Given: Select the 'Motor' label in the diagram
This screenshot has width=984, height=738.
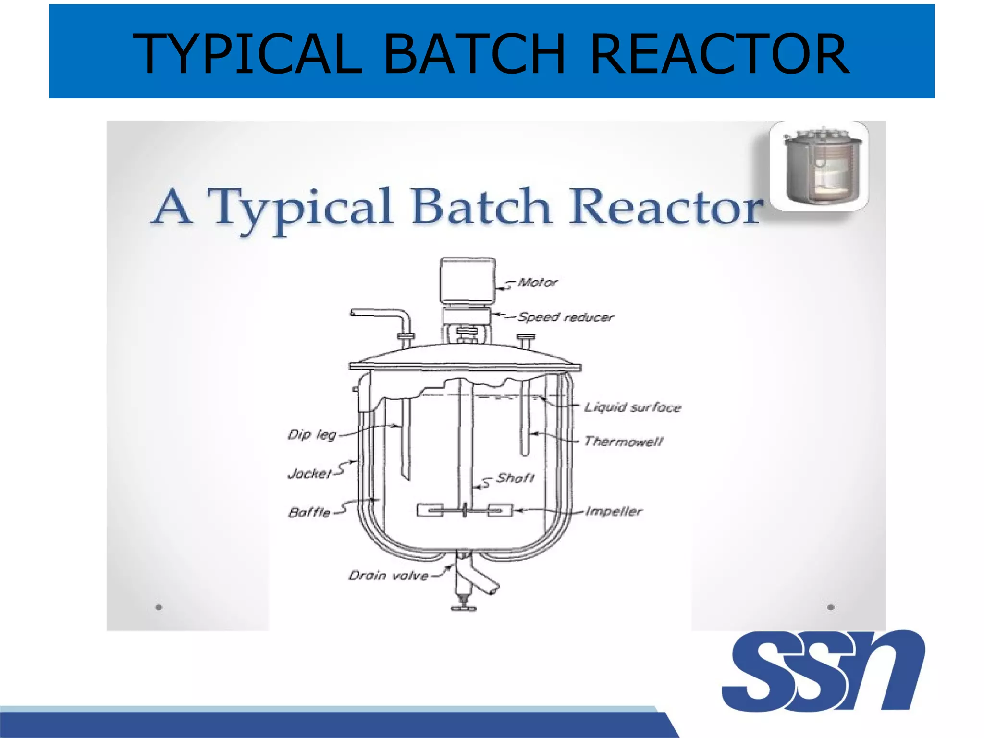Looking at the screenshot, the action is pos(538,283).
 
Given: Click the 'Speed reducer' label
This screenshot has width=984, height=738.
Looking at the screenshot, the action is pos(566,317).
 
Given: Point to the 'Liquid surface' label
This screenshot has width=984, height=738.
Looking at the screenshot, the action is pos(633,407).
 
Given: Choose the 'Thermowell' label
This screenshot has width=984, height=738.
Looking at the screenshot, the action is pos(624,441).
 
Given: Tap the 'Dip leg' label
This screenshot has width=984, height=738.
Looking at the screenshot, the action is pos(312,435).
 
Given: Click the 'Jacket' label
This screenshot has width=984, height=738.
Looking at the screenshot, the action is pos(310,474).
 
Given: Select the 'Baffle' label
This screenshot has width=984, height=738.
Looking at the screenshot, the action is pos(309,513).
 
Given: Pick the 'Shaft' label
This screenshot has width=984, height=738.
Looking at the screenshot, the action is pos(516,478).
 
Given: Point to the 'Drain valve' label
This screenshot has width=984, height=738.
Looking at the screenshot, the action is pos(388,576).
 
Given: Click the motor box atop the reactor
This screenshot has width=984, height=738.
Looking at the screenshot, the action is pos(467,281).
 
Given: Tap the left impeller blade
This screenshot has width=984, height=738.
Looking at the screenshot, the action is pos(430,510).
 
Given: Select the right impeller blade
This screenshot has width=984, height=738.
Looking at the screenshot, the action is pos(500,510).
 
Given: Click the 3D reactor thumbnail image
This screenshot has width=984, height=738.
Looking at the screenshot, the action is pos(819,166).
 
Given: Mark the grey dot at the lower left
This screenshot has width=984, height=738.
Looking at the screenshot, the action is pos(159,607).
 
